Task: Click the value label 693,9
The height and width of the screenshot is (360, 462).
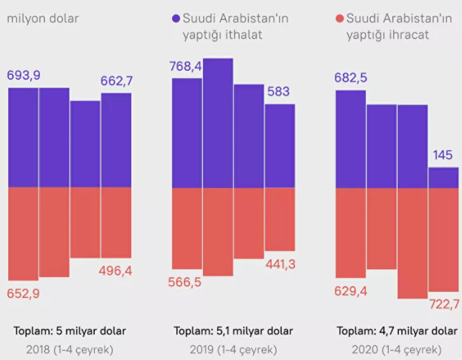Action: (x=23, y=76)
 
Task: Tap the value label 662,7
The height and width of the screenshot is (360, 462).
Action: (x=117, y=81)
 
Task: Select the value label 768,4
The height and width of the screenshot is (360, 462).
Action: (x=187, y=66)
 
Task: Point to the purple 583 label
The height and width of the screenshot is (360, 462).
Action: (x=279, y=92)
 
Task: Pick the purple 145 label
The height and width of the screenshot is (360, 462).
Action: (x=443, y=156)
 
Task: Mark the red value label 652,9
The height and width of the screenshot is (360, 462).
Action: (x=23, y=293)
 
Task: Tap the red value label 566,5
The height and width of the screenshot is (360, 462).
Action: (x=187, y=282)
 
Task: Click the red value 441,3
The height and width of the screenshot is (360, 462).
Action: (x=279, y=264)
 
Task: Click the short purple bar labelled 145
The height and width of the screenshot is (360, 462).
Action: (x=443, y=177)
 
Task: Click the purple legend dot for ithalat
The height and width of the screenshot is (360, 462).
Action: (x=175, y=17)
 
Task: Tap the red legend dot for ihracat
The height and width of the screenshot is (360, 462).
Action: (x=339, y=17)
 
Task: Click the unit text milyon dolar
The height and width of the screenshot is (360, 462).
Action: (x=43, y=18)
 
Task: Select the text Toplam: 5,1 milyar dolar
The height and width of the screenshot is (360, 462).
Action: (x=233, y=330)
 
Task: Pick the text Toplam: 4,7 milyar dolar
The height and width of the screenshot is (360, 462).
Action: (x=397, y=330)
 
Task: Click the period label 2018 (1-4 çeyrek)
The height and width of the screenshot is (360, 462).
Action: (x=70, y=349)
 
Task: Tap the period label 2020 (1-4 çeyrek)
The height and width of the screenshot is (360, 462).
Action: (x=397, y=349)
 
